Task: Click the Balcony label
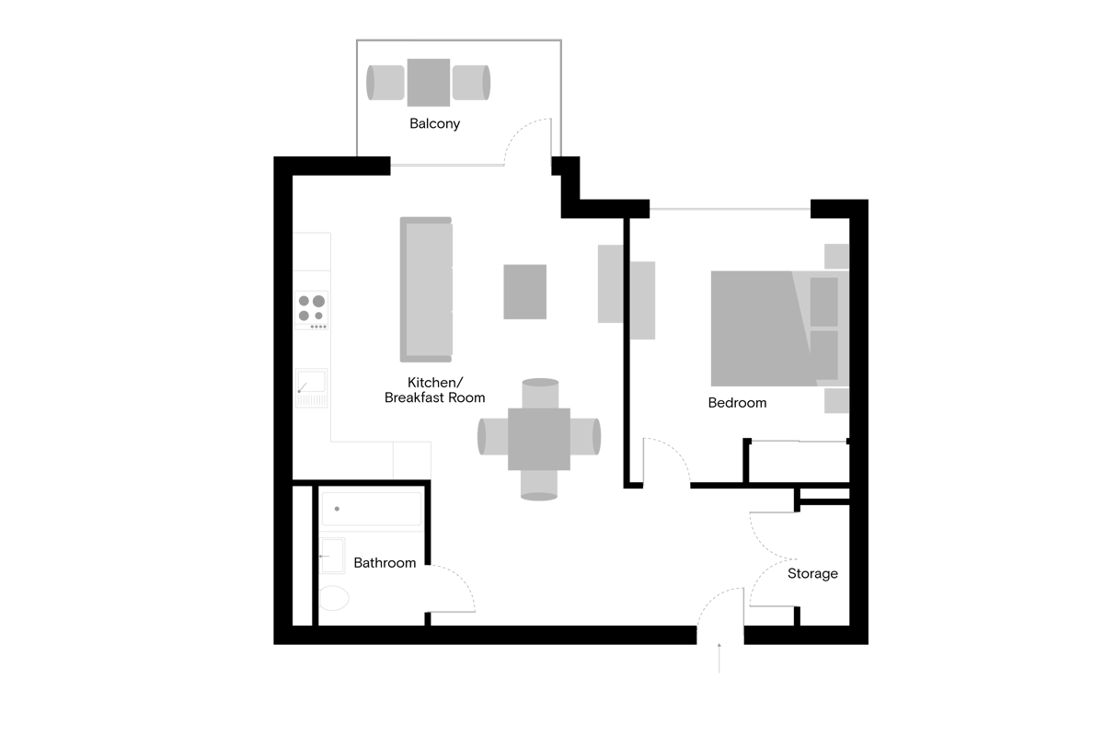pos(434,123)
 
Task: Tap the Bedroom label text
pos(737,403)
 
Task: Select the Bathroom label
pos(385,562)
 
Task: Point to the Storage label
pos(812,574)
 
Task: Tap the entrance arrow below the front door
pos(719,660)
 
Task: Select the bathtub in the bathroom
pos(371,508)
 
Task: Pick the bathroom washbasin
pos(330,557)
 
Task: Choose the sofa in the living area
pos(427,289)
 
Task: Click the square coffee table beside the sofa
pos(525,292)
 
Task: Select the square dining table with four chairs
pos(539,439)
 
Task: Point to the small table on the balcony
pos(429,82)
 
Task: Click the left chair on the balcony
pos(385,82)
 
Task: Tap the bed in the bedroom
pos(764,328)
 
